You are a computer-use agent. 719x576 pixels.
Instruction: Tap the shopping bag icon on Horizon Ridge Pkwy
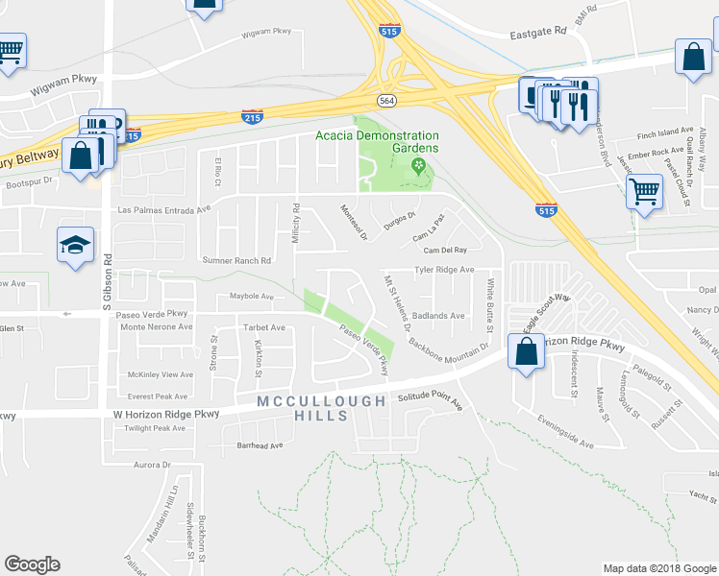(528, 352)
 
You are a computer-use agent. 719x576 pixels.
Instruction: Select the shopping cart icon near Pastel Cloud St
(644, 190)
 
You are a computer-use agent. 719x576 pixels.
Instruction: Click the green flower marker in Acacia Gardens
(418, 166)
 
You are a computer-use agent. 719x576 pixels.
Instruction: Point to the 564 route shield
(386, 100)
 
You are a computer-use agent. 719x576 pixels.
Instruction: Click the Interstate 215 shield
(252, 116)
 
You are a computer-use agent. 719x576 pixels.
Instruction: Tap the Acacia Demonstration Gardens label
(377, 142)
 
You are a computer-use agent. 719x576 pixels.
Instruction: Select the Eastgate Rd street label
(539, 32)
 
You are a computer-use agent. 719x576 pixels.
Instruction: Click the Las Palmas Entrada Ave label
(163, 209)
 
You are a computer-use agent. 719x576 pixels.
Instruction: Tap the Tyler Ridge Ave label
(444, 271)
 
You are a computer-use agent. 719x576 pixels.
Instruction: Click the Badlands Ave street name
(438, 315)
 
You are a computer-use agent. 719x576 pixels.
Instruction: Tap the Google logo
(33, 564)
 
